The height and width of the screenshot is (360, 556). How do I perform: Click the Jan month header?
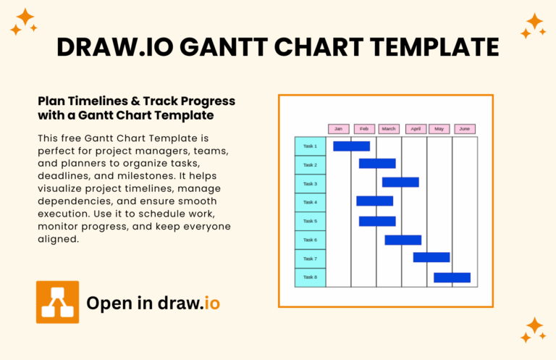click(338, 129)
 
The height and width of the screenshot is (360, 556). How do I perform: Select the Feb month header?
click(363, 129)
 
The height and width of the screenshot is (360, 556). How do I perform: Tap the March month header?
click(389, 129)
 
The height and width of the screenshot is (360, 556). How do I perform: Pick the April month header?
click(416, 129)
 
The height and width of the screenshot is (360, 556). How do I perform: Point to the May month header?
click(439, 129)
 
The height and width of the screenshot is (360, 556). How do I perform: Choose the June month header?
click(465, 129)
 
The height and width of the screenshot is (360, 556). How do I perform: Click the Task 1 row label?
click(310, 146)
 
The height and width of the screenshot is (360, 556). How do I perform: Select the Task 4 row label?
click(310, 202)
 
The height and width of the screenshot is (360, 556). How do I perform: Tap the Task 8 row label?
click(310, 277)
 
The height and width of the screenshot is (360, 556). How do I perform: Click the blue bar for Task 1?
click(351, 146)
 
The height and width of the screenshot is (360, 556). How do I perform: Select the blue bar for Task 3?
click(400, 183)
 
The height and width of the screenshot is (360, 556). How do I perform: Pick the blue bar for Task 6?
click(403, 240)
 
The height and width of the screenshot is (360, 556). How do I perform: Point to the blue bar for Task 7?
click(431, 257)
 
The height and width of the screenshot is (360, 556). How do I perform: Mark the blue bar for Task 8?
click(452, 277)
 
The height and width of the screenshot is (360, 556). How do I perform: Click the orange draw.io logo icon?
click(57, 302)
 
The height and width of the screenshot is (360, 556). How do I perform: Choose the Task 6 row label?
click(310, 240)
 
